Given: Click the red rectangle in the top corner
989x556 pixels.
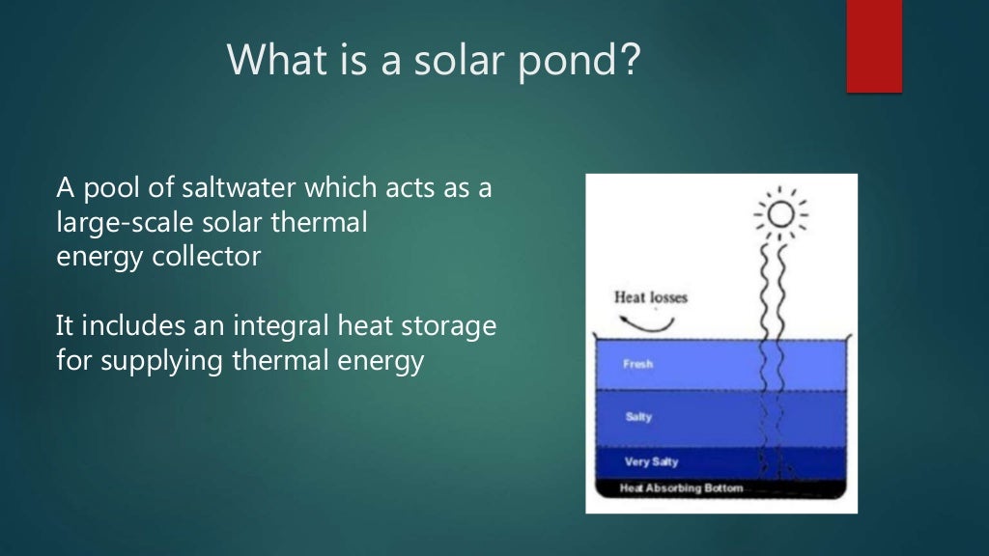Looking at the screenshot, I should pos(874,45).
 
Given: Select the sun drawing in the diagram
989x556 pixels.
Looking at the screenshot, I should pos(779,214).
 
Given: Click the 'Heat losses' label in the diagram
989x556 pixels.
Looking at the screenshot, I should pos(651,297).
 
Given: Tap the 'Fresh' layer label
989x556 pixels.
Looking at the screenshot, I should pos(637,365).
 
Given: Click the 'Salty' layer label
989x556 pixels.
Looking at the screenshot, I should pos(638,417).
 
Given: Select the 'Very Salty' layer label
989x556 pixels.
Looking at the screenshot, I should pos(651,461).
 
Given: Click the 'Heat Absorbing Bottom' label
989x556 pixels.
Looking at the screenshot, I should pos(681,488).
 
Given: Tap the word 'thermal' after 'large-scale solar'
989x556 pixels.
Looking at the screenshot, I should pos(325,223).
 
